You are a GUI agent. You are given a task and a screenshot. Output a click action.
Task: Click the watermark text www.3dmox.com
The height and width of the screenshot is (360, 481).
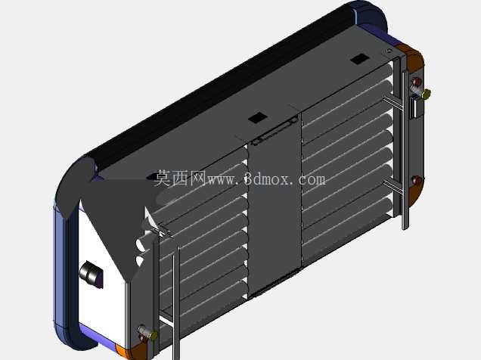pos(267,179)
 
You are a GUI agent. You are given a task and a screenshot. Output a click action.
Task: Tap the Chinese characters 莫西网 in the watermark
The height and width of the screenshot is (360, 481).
pos(180,178)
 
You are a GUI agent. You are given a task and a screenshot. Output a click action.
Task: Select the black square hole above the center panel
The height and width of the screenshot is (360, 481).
pos(257,117)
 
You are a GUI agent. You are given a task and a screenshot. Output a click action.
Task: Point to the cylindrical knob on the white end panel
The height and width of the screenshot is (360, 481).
pos(91,274)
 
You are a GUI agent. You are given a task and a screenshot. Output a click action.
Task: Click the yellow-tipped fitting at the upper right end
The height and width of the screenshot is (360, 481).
pos(426,94)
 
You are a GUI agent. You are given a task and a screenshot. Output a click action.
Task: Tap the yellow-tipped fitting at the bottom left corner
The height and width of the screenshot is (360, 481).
pos(153,335)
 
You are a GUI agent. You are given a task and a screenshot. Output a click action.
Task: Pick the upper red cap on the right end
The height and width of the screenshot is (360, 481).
pos(417,82)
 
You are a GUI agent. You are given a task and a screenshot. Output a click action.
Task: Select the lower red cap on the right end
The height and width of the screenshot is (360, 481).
pos(417,180)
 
